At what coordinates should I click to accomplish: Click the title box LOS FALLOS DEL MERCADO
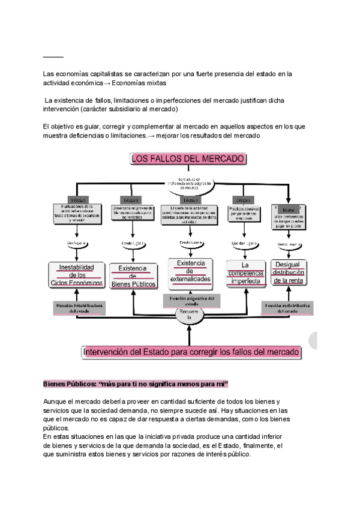188,158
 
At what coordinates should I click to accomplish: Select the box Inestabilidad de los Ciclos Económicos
76,274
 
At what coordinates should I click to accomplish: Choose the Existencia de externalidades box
189,271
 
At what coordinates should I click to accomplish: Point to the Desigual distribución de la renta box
289,273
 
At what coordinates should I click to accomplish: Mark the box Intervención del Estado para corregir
190,353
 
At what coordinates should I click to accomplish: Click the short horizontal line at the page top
53,56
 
